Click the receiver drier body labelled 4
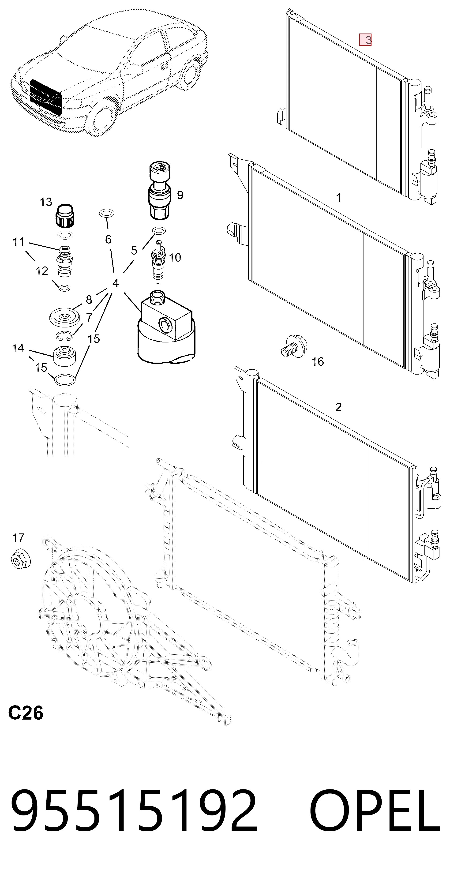pos(166,327)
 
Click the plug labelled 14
pos(65,357)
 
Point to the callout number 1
pos(339,198)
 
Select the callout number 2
pos(338,407)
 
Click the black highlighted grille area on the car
pos(45,97)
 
